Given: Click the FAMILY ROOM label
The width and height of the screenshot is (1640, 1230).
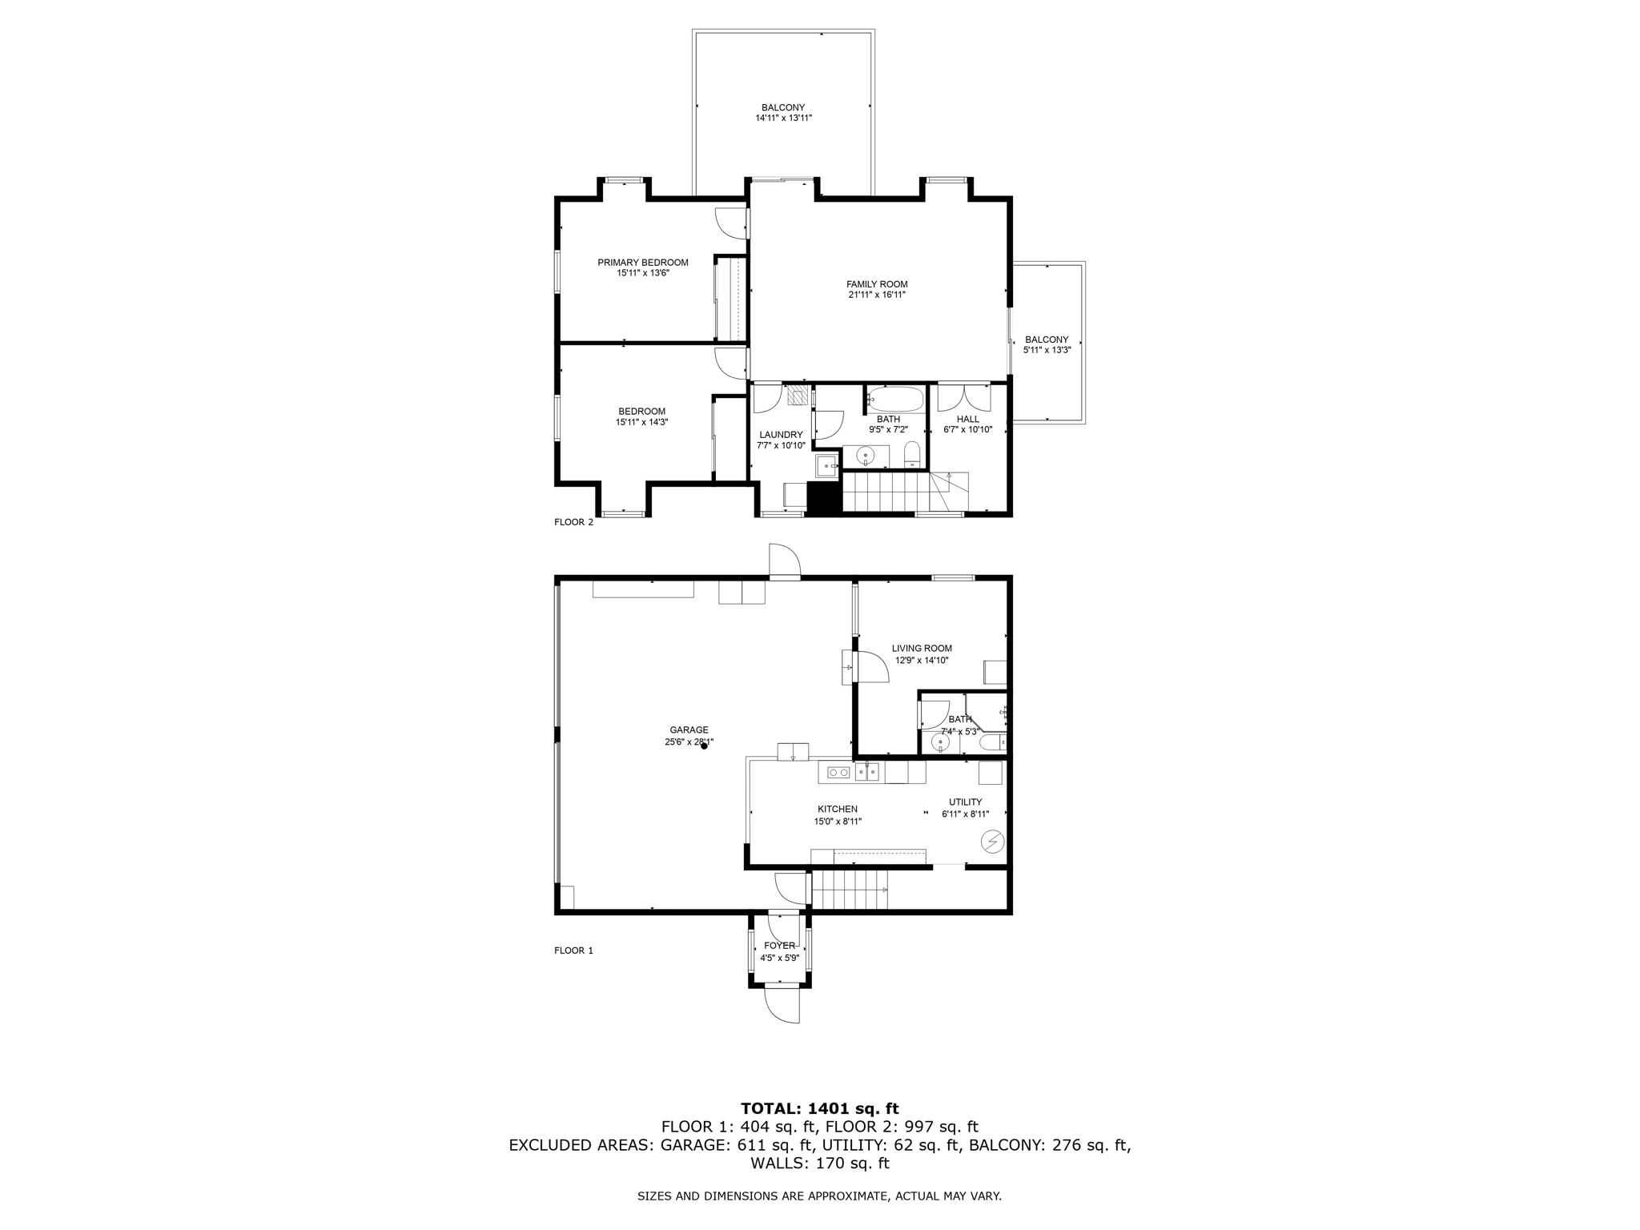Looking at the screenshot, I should coord(877,284).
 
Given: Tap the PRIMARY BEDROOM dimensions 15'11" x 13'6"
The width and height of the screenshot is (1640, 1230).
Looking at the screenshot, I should coord(642,273).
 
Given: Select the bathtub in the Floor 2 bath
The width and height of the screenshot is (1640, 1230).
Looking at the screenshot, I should coord(895,398).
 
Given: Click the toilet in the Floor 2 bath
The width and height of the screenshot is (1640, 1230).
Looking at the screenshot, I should coord(911,456).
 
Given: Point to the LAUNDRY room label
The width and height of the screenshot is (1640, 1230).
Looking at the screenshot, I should coord(781,435).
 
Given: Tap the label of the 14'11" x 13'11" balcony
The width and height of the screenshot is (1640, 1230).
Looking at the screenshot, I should coord(782,107).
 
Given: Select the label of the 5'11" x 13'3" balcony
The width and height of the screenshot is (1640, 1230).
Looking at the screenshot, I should coord(1047,340).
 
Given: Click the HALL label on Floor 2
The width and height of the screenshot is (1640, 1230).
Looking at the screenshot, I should coord(967,419).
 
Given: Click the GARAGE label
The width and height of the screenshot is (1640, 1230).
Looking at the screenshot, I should coord(689,730).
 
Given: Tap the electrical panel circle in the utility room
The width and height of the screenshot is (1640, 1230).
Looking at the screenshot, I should coord(992,842).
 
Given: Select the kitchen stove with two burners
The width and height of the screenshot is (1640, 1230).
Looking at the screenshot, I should coord(838,772).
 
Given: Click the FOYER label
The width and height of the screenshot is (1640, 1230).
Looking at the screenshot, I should coord(779,946).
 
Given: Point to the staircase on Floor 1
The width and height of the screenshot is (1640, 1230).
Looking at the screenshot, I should coord(850,890).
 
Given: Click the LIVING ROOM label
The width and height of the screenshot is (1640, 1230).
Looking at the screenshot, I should coord(922,649).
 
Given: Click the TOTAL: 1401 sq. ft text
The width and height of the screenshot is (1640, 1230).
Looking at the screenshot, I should coord(819,1108).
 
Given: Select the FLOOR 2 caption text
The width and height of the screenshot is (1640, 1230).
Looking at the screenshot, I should coord(573,522).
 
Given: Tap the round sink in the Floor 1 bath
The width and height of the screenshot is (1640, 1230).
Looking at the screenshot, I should coord(939,742).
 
